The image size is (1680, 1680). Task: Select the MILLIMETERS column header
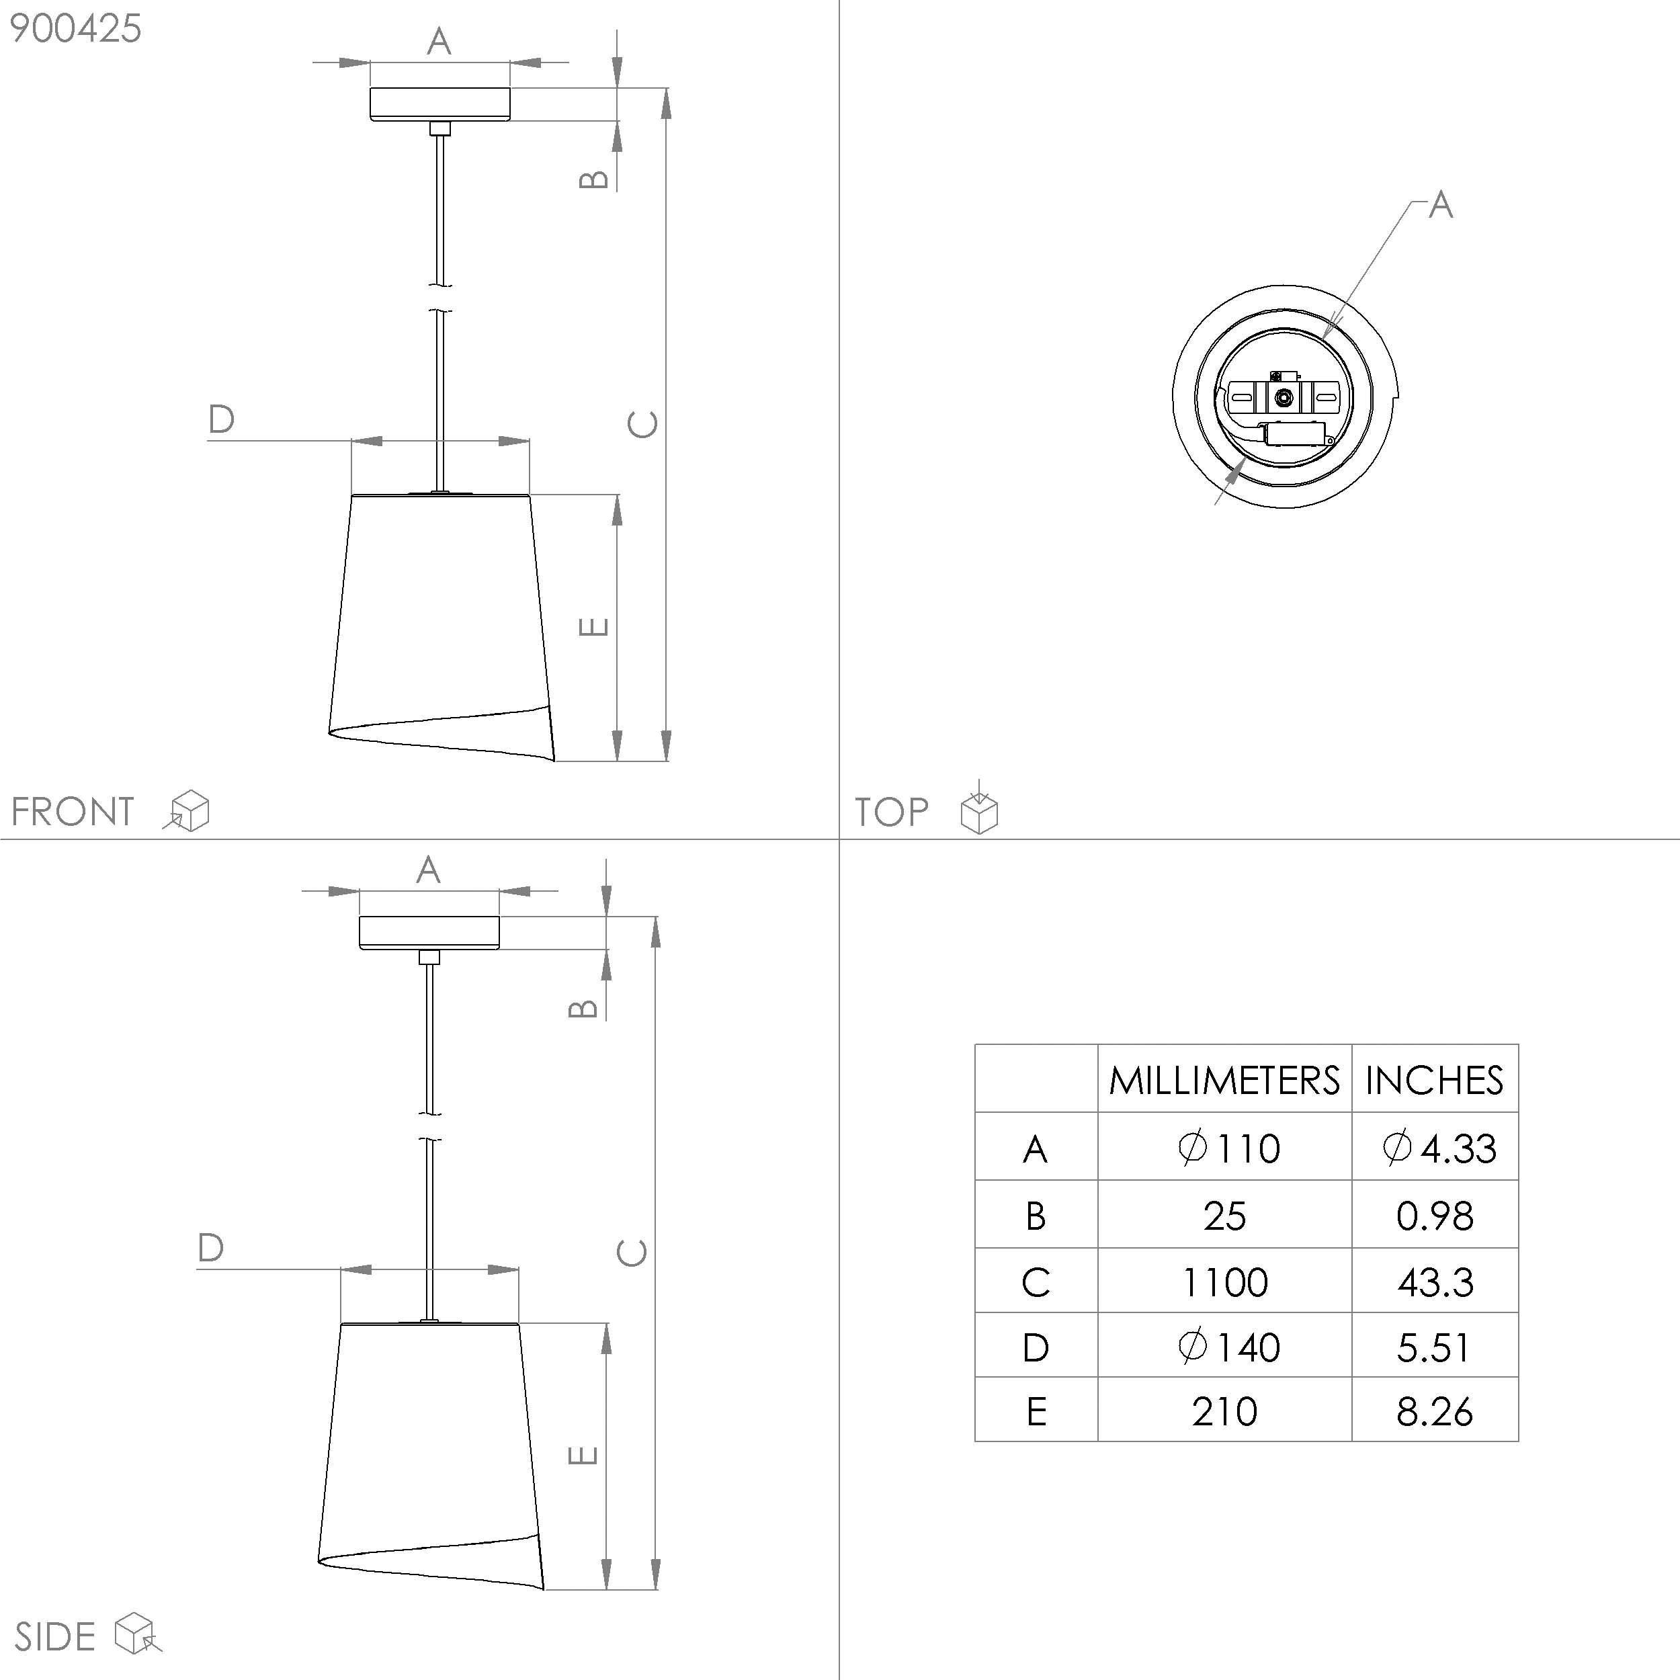[1224, 1081]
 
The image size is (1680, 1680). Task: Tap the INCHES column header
[1434, 1081]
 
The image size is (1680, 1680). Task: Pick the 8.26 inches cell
[1435, 1411]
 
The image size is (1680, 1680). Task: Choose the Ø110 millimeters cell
[1228, 1148]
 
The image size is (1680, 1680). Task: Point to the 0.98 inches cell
[1435, 1216]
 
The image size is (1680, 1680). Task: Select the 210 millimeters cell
[1224, 1411]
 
